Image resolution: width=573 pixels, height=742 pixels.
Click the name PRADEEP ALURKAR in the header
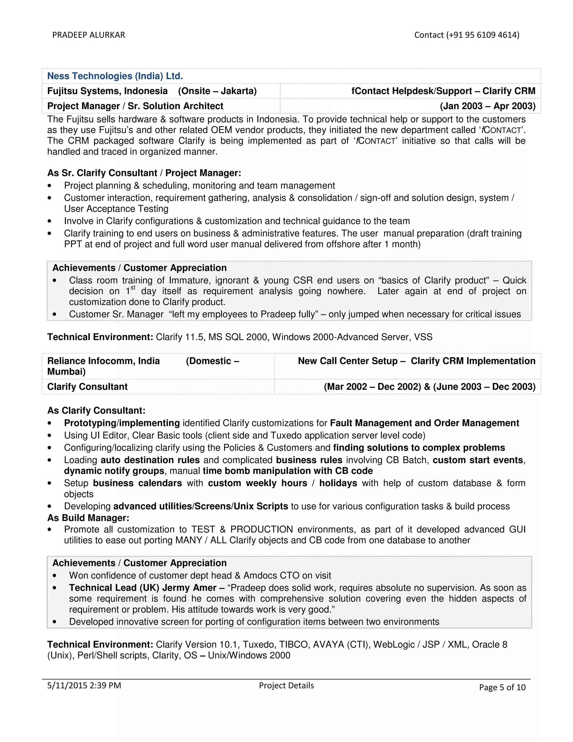pyautogui.click(x=89, y=35)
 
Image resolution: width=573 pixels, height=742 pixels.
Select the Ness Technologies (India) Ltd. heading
pyautogui.click(x=115, y=76)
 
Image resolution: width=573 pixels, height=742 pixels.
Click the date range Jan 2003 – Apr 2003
pyautogui.click(x=487, y=106)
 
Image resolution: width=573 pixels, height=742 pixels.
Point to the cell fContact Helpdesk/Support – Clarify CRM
pyautogui.click(x=443, y=91)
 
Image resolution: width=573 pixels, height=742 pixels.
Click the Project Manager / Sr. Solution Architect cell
pyautogui.click(x=135, y=106)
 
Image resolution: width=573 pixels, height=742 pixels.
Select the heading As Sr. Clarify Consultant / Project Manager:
pyautogui.click(x=144, y=173)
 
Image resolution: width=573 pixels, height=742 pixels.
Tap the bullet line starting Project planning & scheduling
pyautogui.click(x=199, y=185)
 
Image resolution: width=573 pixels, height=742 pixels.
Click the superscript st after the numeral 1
pyautogui.click(x=133, y=288)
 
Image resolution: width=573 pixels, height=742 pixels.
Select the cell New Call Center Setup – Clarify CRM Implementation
pyautogui.click(x=417, y=361)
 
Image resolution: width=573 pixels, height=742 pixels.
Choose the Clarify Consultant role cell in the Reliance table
pyautogui.click(x=87, y=387)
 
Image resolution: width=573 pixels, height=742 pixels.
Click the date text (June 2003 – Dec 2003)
pyautogui.click(x=484, y=387)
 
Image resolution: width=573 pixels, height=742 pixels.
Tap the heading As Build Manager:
pyautogui.click(x=88, y=518)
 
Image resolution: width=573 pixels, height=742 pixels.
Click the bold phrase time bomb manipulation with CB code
pyautogui.click(x=288, y=471)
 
